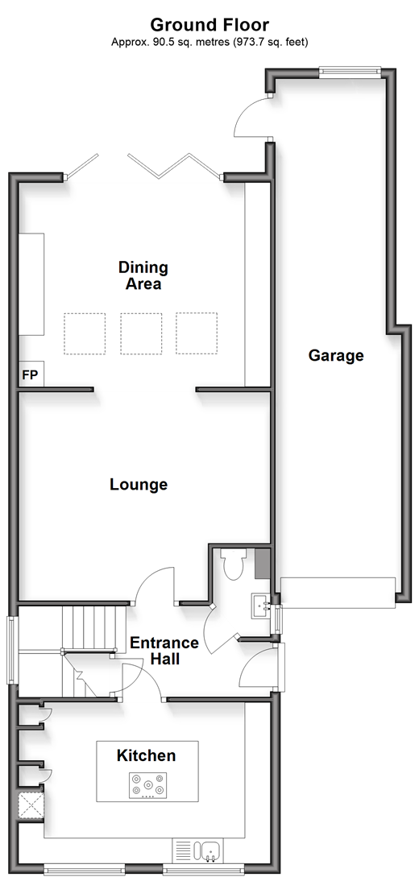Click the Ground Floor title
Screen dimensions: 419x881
point(209,25)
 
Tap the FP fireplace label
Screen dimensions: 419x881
point(31,375)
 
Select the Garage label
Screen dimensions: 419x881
point(336,356)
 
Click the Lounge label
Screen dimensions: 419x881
point(139,484)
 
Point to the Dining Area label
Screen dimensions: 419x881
point(143,275)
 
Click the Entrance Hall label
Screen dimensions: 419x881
point(164,651)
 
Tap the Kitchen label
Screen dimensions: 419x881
point(146,755)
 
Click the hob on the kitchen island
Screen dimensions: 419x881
point(148,785)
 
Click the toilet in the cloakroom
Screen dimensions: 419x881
point(232,565)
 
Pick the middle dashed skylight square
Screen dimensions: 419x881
point(140,333)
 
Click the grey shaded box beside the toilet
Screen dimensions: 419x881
point(263,564)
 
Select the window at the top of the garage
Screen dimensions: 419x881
point(349,72)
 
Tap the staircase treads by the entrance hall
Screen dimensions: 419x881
point(93,629)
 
